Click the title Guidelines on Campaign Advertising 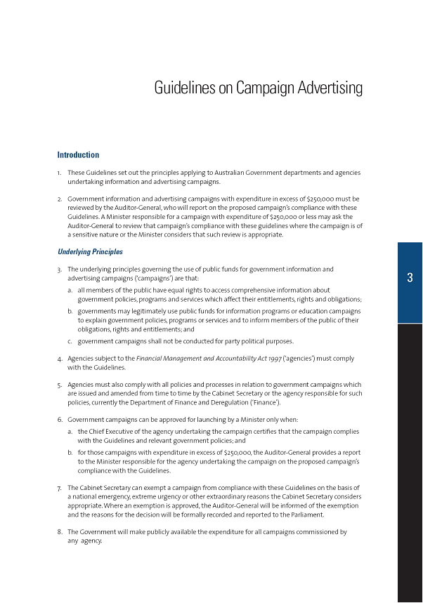point(258,88)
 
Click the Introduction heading point(78,154)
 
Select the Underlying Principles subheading point(90,252)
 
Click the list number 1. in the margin point(60,173)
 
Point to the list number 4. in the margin point(60,358)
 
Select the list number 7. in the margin point(60,487)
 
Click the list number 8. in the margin point(60,531)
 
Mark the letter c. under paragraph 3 point(70,341)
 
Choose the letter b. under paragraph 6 point(70,452)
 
